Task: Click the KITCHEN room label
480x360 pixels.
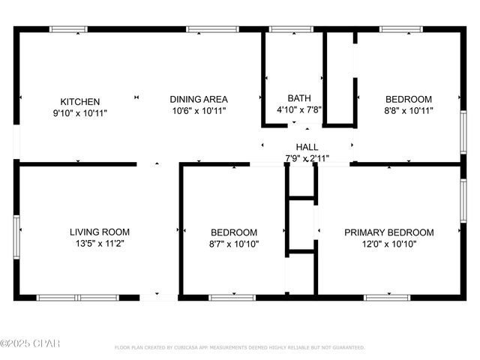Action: (80, 101)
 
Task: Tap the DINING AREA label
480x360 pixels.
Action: (199, 99)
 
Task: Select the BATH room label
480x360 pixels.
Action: (299, 98)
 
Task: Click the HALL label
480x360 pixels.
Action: (307, 147)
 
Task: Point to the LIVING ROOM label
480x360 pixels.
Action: (100, 232)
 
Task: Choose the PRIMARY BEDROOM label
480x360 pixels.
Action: (388, 232)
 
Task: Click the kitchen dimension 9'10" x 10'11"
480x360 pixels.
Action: (80, 112)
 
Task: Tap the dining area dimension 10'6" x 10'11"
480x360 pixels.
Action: (199, 110)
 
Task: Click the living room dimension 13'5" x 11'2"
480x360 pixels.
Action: (100, 244)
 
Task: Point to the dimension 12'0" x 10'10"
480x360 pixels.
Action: (388, 244)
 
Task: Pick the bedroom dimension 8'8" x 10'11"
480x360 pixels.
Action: (409, 110)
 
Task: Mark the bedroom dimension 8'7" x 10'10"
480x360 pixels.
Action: (234, 244)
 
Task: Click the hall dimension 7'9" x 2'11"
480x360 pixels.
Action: (307, 158)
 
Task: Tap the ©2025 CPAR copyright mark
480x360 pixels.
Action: (30, 344)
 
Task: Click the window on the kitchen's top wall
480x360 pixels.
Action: (70, 29)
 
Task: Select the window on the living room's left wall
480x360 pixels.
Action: (16, 236)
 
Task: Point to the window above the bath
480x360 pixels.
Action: (290, 29)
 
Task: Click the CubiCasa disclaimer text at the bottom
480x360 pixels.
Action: (239, 348)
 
